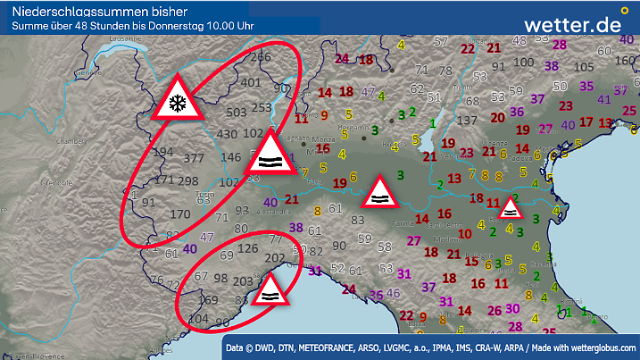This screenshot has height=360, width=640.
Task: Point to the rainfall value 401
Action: click(x=251, y=83)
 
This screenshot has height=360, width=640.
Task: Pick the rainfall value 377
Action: click(x=194, y=157)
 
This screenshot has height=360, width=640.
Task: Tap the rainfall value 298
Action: click(x=187, y=181)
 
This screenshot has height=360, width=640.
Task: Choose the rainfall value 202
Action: click(x=276, y=258)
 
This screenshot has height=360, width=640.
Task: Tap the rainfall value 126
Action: click(x=248, y=248)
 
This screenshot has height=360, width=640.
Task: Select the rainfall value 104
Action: click(x=199, y=319)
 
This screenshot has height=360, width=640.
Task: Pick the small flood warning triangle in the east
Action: click(x=511, y=210)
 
